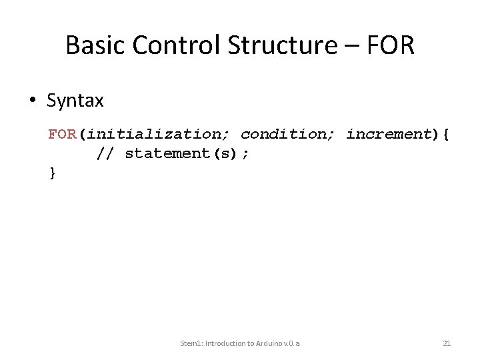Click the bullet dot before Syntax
tap(31, 101)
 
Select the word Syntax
tap(75, 101)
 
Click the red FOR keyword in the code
tap(62, 134)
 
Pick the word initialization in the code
tap(158, 134)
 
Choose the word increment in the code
tap(389, 134)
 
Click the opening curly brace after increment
tap(445, 134)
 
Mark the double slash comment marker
tap(105, 153)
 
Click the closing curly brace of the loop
tap(53, 173)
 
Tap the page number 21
tap(447, 343)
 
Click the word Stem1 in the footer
tap(192, 343)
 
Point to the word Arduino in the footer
tap(265, 343)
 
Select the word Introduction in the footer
tap(227, 343)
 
